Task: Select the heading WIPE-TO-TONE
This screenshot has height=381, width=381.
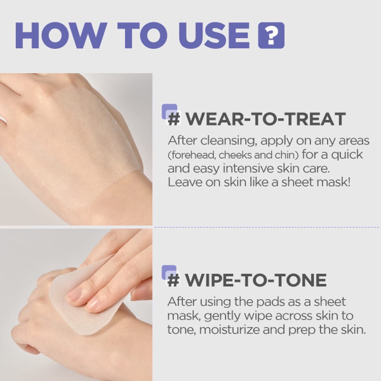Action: pos(256,281)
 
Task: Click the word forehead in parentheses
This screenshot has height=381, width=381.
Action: pos(192,155)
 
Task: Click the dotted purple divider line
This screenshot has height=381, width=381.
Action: pos(267,227)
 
